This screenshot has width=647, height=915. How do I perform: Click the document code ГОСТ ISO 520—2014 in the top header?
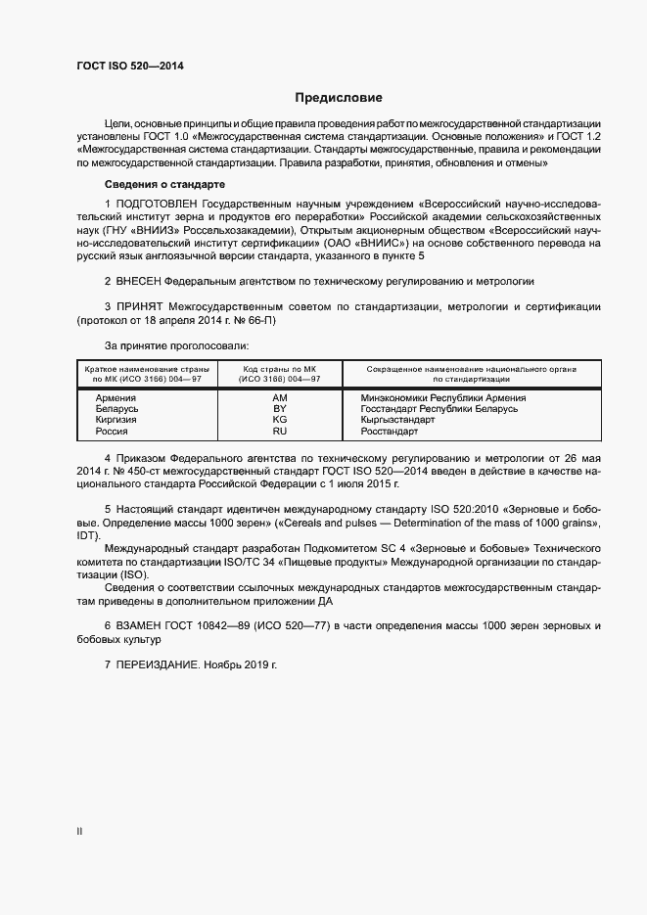tap(129, 67)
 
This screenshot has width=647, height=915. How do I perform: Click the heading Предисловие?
tap(339, 98)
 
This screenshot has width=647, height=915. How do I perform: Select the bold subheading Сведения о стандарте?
tap(164, 184)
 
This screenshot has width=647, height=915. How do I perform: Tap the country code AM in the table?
tap(280, 398)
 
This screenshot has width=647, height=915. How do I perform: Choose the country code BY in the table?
tap(280, 409)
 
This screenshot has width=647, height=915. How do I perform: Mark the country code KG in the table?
tap(280, 420)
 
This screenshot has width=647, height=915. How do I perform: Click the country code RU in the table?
tap(280, 431)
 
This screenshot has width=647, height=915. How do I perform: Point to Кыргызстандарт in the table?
tap(398, 420)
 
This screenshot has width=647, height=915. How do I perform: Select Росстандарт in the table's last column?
tap(390, 431)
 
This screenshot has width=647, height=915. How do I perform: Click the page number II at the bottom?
tap(79, 832)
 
